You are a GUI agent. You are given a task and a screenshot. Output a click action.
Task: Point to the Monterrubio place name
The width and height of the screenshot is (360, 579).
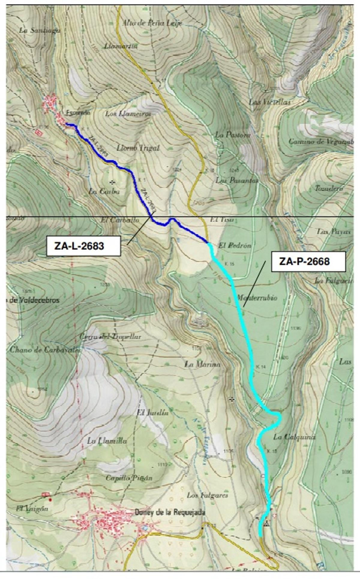257,298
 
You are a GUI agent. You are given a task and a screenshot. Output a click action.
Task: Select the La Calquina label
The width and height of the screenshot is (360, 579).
294,437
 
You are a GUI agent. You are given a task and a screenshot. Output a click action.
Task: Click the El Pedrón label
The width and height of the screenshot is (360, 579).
235,245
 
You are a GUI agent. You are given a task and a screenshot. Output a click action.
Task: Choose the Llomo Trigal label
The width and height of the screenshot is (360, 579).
138,148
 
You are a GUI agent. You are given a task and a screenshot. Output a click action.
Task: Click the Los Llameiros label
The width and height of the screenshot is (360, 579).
128,114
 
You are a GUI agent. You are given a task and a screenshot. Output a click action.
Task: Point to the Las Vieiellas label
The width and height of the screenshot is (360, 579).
270,102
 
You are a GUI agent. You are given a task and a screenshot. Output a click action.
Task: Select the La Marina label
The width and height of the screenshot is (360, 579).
202,364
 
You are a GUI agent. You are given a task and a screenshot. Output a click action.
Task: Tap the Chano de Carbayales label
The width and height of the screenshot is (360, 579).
45,349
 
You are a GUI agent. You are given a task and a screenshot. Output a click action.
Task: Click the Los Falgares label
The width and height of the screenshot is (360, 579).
207,495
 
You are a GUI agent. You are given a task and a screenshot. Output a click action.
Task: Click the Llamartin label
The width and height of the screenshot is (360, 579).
121,46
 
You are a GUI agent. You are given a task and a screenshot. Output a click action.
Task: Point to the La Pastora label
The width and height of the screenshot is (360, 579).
233,135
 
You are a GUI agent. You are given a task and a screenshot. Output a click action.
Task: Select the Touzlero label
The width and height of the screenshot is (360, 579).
329,188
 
